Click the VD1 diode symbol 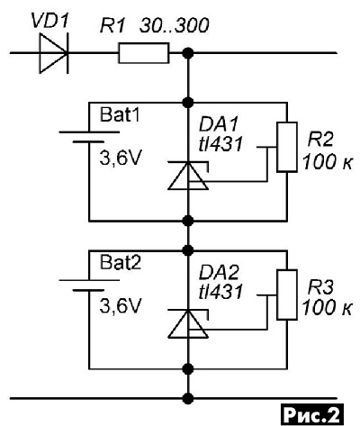(x=54, y=53)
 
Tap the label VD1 (x=50, y=22)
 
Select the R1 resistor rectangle (x=144, y=53)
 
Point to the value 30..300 (x=174, y=26)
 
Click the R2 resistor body (x=287, y=147)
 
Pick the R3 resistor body (x=287, y=295)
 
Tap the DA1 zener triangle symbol (x=188, y=176)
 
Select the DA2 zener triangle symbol (x=188, y=323)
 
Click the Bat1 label (x=120, y=115)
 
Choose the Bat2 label (x=121, y=263)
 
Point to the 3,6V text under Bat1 (x=120, y=159)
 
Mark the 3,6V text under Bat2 (x=120, y=306)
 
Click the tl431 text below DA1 (x=220, y=144)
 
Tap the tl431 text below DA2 (x=220, y=292)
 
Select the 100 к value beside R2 (x=328, y=162)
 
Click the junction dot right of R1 (x=188, y=53)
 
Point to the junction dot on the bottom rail (x=188, y=399)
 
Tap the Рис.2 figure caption (x=311, y=415)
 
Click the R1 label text (x=112, y=26)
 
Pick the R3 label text (x=320, y=288)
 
